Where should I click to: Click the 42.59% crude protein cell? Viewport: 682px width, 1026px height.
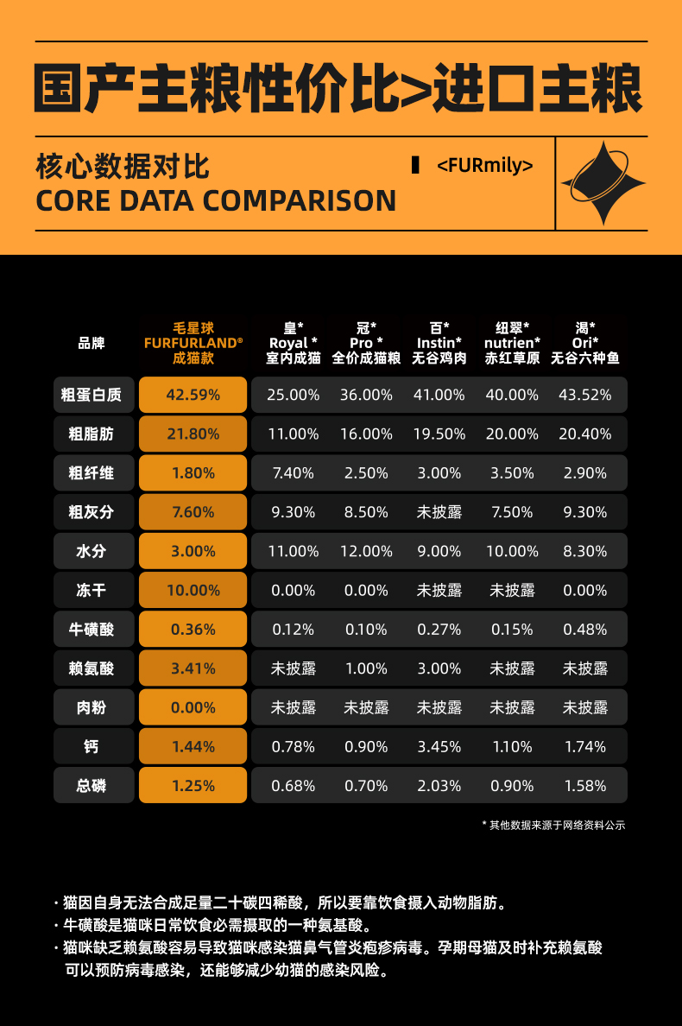193,395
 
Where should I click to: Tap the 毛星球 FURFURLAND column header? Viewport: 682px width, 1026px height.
193,343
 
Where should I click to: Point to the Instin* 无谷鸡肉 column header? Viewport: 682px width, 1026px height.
439,343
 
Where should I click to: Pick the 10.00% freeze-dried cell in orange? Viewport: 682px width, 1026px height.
193,591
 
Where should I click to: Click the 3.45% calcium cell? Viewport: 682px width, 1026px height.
439,747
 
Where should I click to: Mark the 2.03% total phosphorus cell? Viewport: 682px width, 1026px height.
439,786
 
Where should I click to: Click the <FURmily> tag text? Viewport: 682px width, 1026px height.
485,165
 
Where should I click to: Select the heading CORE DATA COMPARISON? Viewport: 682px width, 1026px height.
216,200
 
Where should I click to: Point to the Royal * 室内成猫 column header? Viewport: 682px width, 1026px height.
294,343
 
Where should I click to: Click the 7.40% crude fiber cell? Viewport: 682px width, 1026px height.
294,473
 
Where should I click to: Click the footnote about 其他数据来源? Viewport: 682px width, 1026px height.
553,826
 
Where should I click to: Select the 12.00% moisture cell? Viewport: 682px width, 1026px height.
366,551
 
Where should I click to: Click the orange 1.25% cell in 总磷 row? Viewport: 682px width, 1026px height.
193,786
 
